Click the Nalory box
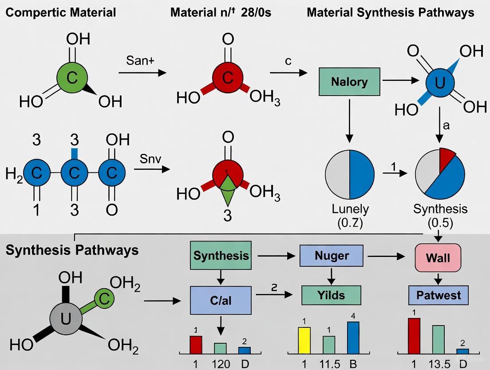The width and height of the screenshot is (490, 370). click(x=349, y=82)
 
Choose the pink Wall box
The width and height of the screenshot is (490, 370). click(x=438, y=258)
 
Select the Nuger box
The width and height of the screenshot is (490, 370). click(x=331, y=256)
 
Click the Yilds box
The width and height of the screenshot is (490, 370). click(x=331, y=294)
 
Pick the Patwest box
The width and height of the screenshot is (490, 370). click(x=438, y=295)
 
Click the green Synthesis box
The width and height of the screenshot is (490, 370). click(x=221, y=256)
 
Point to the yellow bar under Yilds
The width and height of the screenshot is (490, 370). click(x=304, y=340)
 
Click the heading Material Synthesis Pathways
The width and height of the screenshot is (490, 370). click(x=390, y=12)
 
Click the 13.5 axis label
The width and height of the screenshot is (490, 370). click(x=438, y=364)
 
